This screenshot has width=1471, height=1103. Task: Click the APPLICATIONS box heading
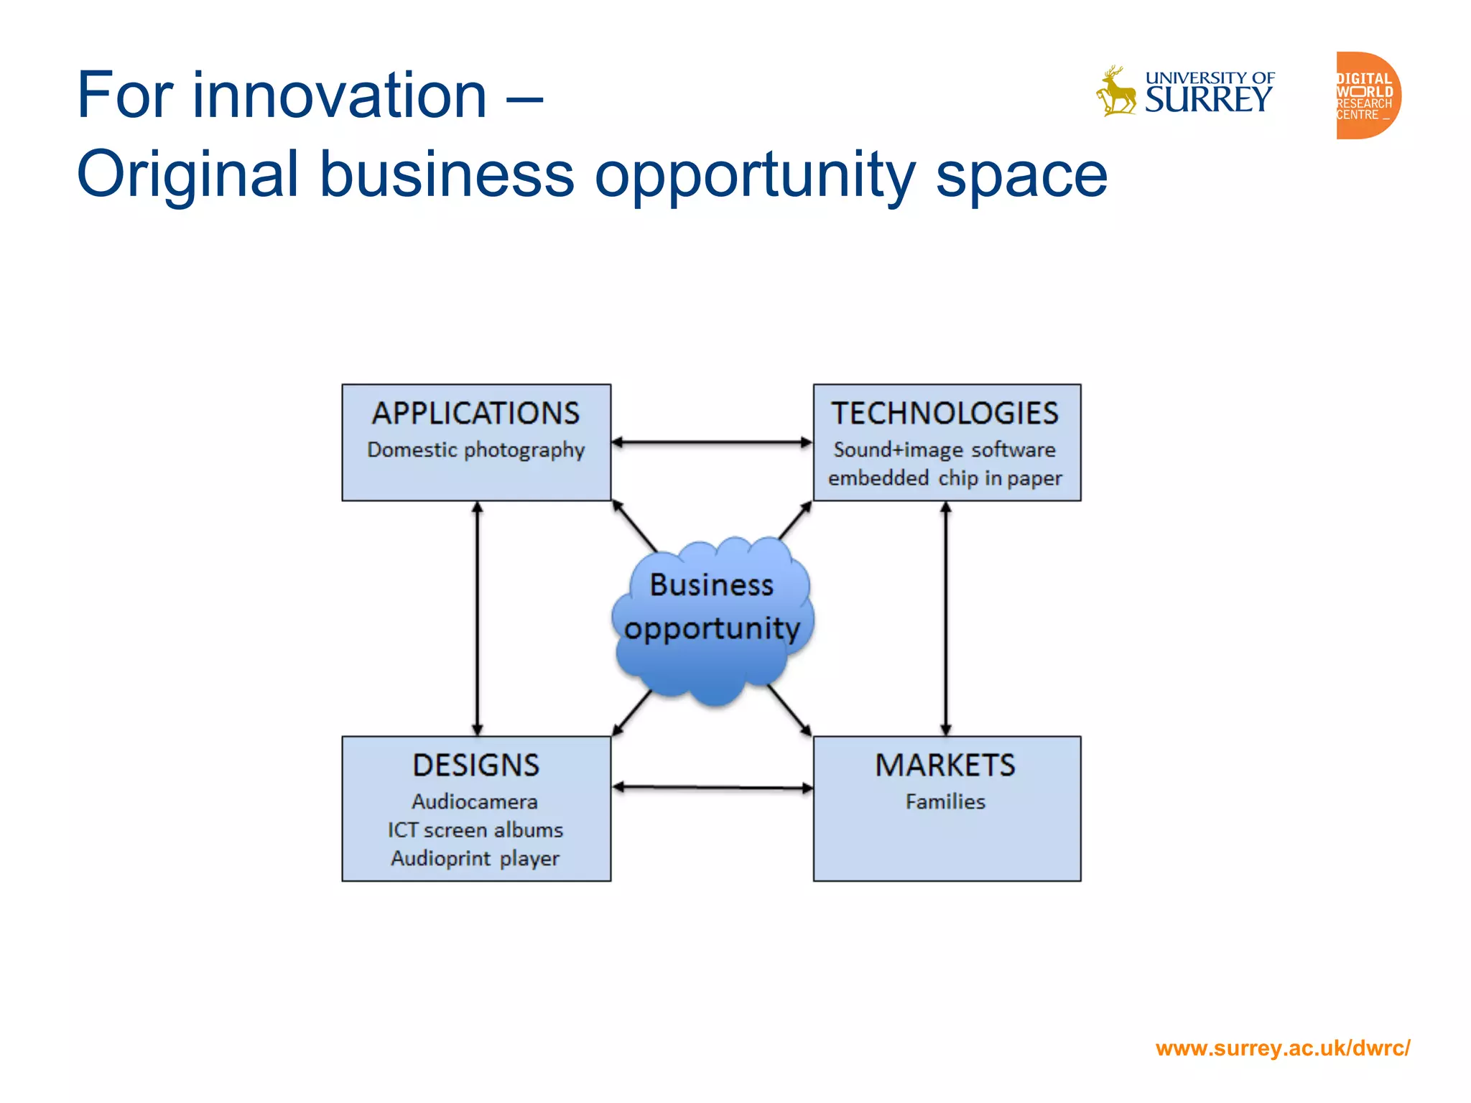[475, 414]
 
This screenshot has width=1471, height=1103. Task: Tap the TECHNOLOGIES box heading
[945, 414]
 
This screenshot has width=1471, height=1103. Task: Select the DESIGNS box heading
[475, 765]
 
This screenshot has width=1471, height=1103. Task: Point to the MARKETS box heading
[945, 765]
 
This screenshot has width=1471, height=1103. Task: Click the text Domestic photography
[475, 450]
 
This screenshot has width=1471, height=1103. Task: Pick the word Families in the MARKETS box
[945, 801]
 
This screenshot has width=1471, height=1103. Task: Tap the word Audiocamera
[475, 801]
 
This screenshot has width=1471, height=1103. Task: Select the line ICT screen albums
[475, 830]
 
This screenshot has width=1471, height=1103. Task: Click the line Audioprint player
[475, 859]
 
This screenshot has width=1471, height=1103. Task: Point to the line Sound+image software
[945, 450]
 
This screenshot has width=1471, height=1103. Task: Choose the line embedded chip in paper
[945, 478]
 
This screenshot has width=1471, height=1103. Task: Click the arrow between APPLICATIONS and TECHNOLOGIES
[712, 442]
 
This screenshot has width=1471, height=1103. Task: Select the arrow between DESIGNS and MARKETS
[712, 788]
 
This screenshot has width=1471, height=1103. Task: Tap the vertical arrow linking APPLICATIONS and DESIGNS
[478, 618]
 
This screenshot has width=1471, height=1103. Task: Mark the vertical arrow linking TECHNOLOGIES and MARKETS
[946, 618]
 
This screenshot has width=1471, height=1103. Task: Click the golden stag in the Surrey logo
[1115, 92]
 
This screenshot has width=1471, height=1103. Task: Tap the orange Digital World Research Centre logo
[1367, 96]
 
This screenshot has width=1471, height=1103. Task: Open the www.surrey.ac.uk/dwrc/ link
[1283, 1048]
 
